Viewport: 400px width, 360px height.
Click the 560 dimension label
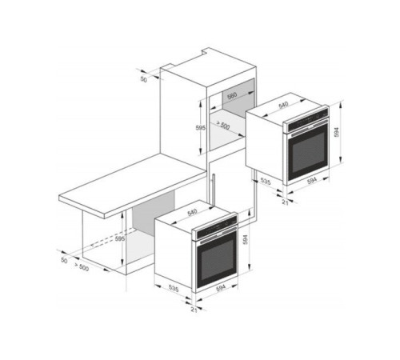(232, 96)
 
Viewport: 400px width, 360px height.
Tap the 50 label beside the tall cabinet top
(144, 79)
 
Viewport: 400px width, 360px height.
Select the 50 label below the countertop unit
(64, 260)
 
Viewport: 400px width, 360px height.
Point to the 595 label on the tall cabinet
(201, 128)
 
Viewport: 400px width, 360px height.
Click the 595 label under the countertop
(120, 239)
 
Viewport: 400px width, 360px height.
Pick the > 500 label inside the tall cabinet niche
(222, 125)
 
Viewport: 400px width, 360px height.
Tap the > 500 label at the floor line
(82, 267)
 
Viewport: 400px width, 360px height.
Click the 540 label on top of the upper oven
(283, 106)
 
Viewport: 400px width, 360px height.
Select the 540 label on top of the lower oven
(192, 212)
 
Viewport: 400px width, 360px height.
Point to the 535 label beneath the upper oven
(266, 182)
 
